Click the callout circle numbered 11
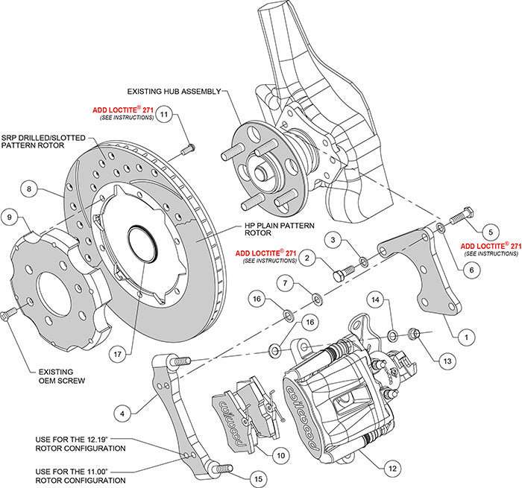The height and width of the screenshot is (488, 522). pos(164,114)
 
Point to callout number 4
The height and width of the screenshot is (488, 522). pos(122,411)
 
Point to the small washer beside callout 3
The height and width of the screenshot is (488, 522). pos(363,261)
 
